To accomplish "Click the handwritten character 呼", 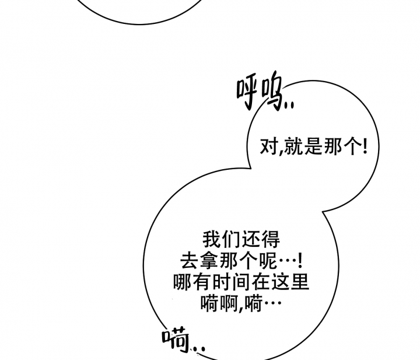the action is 247,94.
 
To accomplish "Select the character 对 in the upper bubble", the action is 269,146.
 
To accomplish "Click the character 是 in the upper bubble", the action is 313,146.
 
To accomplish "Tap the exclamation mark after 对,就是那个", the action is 365,146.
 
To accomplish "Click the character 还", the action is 251,239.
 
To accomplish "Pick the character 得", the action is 271,239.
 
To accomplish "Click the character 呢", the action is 268,261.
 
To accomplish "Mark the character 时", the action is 222,282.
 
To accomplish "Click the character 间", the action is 242,282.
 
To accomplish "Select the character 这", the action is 281,282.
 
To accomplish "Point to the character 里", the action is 300,282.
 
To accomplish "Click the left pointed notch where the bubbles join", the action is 251,168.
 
